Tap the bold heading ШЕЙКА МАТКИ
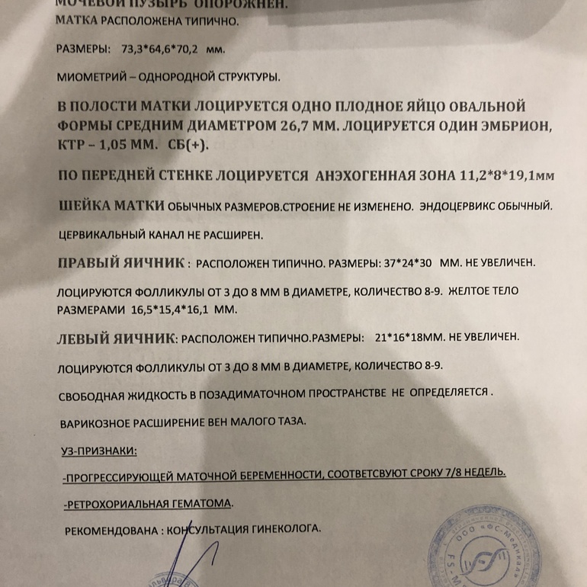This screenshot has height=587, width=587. click(111, 206)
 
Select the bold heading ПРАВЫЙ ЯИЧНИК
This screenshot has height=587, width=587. click(122, 263)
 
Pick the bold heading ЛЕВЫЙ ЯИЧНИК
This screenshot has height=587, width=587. click(117, 338)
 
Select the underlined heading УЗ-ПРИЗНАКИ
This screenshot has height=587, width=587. click(98, 451)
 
